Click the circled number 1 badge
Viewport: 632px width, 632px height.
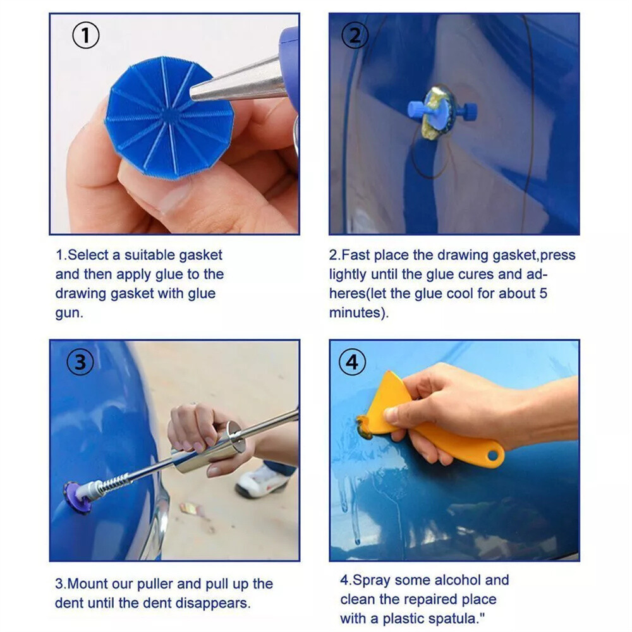pos(86,36)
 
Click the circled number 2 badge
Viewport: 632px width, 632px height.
pos(355,36)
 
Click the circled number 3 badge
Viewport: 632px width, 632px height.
pos(80,363)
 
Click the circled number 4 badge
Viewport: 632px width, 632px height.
pos(353,363)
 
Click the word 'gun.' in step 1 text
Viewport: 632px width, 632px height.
pos(69,313)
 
